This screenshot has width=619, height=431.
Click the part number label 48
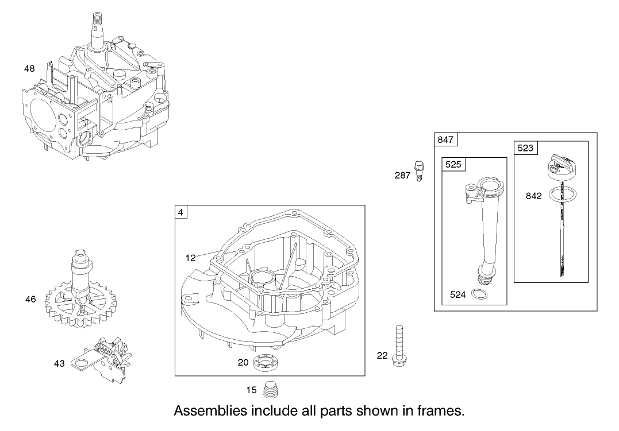click(29, 69)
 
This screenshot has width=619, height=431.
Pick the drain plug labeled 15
click(270, 390)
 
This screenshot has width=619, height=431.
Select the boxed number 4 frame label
click(181, 212)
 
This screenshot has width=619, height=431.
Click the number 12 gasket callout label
click(190, 258)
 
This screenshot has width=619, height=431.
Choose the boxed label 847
click(445, 139)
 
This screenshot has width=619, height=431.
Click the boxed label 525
click(453, 165)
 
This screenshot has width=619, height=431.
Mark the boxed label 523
click(525, 148)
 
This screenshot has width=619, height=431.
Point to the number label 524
click(458, 294)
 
